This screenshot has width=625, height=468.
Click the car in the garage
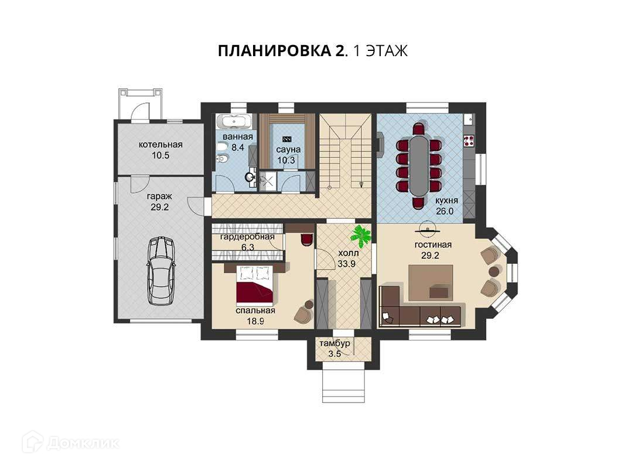(160, 271)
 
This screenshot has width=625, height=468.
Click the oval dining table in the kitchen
(419, 165)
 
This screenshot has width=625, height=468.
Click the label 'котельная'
(160, 144)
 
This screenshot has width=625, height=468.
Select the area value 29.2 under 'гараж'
(160, 207)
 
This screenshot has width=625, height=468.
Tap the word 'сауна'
(288, 150)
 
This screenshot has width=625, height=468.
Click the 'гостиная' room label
(433, 245)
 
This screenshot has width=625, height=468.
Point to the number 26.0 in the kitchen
(445, 211)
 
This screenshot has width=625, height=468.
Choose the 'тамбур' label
(335, 343)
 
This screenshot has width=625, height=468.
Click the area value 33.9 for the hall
(346, 263)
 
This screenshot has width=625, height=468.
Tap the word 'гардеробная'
(248, 237)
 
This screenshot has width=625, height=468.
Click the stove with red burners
(469, 140)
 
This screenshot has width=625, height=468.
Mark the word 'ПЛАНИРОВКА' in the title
(274, 51)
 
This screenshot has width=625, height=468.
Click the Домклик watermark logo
(70, 442)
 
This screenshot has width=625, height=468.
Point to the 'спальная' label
(255, 311)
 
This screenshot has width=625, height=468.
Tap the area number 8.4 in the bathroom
(238, 147)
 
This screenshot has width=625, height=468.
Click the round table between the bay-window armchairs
(494, 271)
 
